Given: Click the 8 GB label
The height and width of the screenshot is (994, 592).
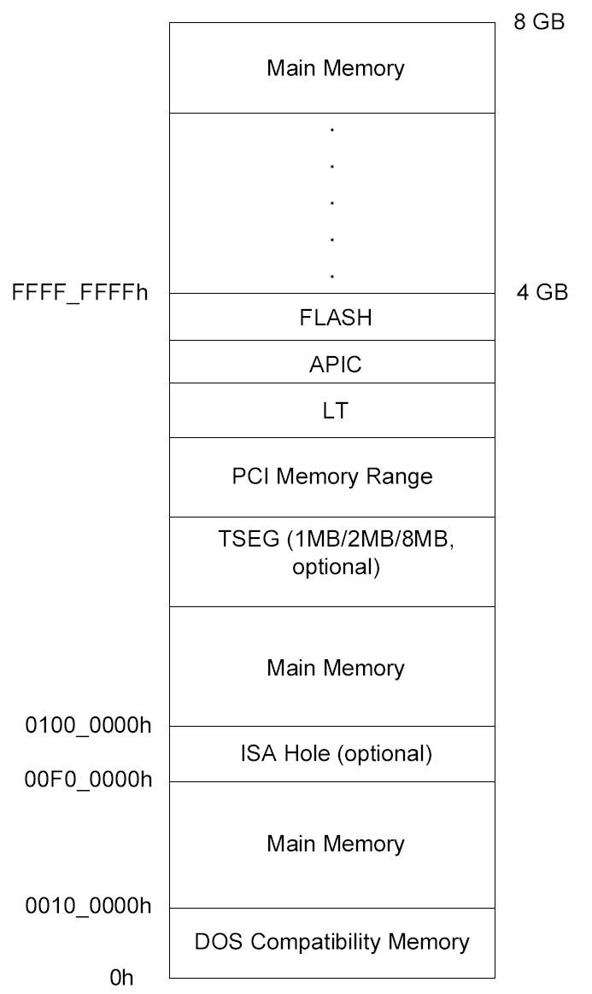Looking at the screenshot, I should pos(539,22).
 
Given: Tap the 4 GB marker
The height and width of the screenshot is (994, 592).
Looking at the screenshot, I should pos(541,293).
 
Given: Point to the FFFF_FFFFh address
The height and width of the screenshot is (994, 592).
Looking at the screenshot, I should pos(80,294).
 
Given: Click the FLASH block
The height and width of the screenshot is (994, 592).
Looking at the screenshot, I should pos(331,318).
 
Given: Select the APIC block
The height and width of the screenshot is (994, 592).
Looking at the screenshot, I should pos(331,365).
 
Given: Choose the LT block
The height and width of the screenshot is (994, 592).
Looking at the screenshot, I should pos(331,411).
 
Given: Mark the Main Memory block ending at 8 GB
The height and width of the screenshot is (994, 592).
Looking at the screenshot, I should pos(331,67).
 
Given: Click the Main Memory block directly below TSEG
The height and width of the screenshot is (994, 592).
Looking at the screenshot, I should pos(331,667).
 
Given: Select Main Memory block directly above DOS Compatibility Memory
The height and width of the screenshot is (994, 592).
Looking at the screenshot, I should pos(331,845).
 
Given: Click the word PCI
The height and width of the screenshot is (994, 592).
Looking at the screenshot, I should pos(250,476).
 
